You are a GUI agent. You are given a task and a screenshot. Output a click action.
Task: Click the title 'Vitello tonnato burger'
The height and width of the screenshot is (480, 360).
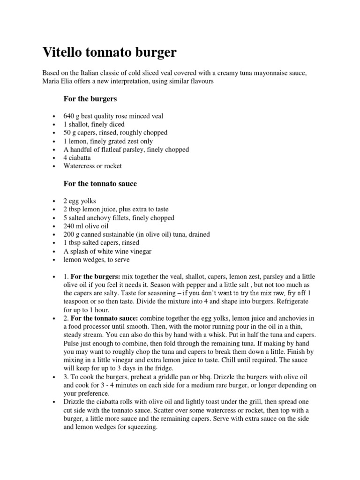pyautogui.click(x=110, y=52)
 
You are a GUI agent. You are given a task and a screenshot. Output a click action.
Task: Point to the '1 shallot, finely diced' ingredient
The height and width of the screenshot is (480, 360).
pyautogui.click(x=94, y=124)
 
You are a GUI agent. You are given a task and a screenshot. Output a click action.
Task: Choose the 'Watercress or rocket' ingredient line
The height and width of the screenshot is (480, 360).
pyautogui.click(x=92, y=166)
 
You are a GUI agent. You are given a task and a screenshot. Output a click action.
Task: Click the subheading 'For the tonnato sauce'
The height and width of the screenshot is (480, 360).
pyautogui.click(x=100, y=184)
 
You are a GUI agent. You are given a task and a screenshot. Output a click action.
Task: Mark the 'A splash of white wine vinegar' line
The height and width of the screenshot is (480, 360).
pyautogui.click(x=107, y=251)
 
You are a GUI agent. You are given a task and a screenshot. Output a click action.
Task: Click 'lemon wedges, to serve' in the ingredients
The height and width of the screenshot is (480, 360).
pyautogui.click(x=97, y=260)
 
